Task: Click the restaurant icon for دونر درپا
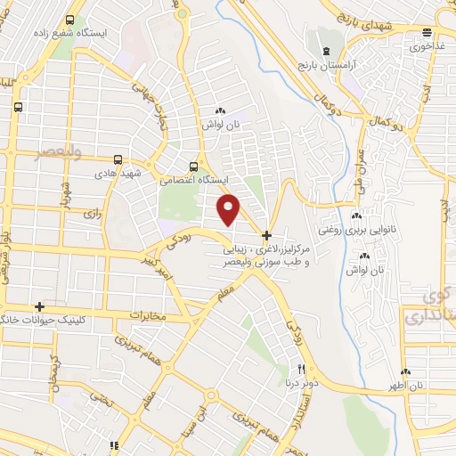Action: point(301,370)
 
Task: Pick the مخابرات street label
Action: point(148,315)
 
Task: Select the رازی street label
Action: point(92,215)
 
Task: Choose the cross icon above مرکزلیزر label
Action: point(266,235)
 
